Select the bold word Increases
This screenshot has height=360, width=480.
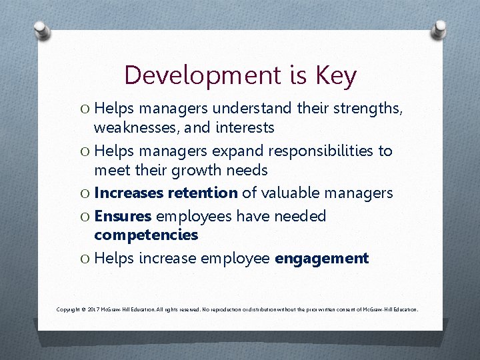[x=129, y=193]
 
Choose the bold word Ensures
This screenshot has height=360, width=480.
[x=124, y=216]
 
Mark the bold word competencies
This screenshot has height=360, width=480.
[x=146, y=235]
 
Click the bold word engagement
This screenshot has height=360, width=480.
[x=321, y=258]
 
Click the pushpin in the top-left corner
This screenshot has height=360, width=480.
[x=41, y=30]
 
